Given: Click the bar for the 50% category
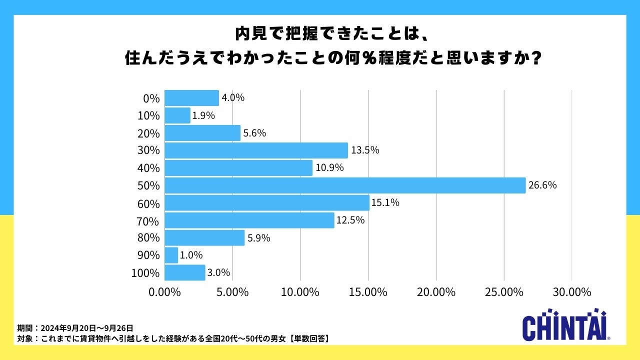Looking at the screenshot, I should pos(345,185).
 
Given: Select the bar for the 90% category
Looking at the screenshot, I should pos(171,255).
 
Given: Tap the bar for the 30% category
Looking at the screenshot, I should pos(256,150).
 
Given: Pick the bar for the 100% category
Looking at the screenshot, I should pos(184,272).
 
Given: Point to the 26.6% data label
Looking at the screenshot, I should pos(542,185).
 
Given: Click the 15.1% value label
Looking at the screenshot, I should pos(385,203).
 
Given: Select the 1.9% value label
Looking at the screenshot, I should pos(204,115).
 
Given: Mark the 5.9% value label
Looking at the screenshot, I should pos(259,238).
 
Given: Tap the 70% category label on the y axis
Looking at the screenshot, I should pos(148,220).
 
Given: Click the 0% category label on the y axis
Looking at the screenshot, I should pos(151,98).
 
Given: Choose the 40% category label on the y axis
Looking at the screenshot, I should pos(148,168).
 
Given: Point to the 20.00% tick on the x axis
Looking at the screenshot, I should pos(436,292).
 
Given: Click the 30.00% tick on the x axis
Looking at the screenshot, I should pos(571,292).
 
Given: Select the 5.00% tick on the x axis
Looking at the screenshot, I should pos(232,292).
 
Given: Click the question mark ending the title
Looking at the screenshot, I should pos(535,58).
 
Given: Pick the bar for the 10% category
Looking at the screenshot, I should pos(177,115).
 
